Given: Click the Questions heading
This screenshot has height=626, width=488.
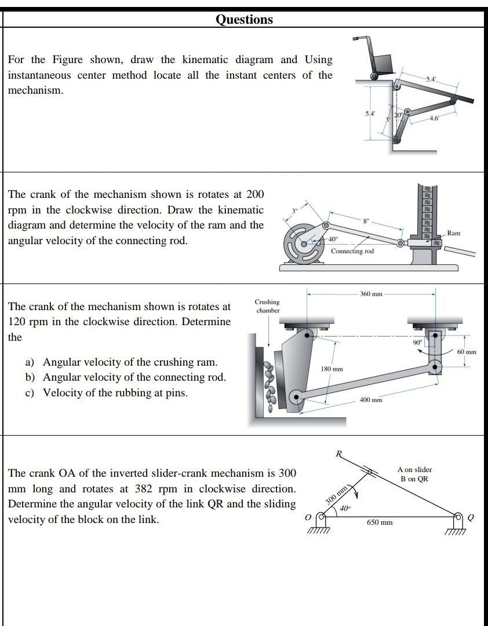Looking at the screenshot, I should (x=244, y=20).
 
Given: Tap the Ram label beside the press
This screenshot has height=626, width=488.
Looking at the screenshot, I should (x=453, y=233).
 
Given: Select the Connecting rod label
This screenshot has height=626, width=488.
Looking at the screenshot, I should (x=352, y=251).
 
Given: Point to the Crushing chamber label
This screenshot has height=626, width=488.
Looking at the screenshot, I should (x=267, y=306).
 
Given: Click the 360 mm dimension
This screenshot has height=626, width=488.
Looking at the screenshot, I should (x=371, y=294).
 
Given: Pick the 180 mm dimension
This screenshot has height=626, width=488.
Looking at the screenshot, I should (x=332, y=369).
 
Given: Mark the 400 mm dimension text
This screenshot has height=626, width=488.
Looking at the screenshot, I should (x=370, y=400).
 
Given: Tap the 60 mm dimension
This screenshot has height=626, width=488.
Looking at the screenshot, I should (x=466, y=352).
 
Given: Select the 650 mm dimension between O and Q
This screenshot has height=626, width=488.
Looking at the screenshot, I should (x=380, y=522).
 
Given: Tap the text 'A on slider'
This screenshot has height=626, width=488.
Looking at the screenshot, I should (x=414, y=469).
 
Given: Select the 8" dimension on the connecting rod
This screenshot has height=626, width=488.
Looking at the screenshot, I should (x=365, y=221).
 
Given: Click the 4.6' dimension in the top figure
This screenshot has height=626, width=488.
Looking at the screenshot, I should (x=435, y=119).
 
